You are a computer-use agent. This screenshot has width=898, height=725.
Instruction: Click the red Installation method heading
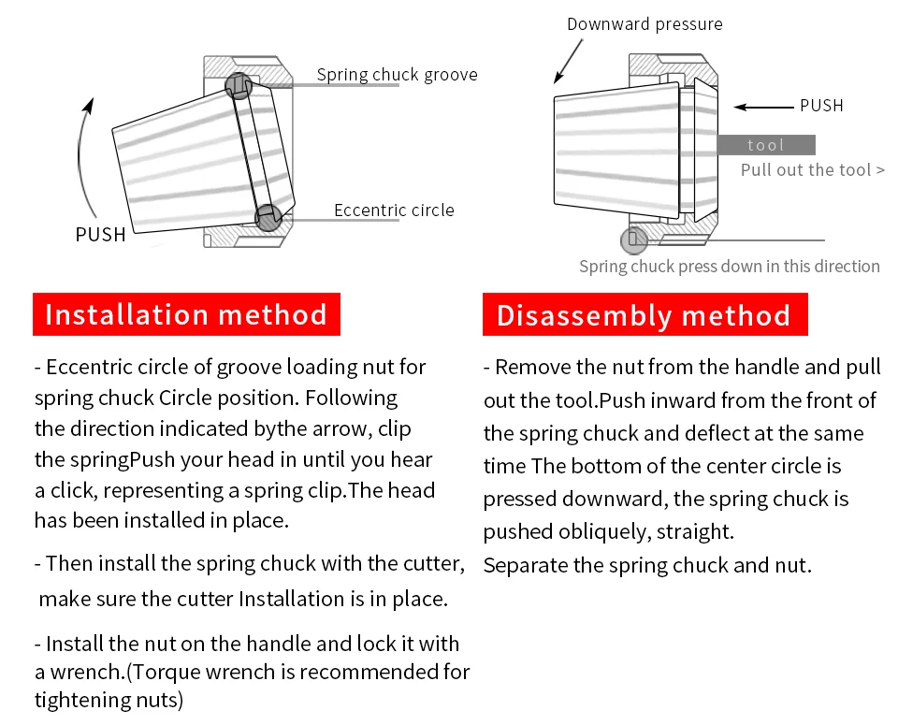pos(186,314)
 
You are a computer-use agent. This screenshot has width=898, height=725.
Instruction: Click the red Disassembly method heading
pos(644,315)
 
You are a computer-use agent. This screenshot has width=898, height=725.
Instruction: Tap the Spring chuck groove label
pos(397,75)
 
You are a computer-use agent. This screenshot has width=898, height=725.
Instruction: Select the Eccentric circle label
pos(394,210)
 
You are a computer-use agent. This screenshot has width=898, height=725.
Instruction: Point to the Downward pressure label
pos(645,24)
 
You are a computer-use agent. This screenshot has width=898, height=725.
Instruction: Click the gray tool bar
pos(766,145)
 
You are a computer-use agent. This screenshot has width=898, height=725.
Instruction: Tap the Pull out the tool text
pos(812,170)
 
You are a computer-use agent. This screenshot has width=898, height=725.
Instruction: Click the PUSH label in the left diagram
pos(100,235)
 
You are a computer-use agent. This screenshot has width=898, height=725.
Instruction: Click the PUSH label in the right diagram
pos(821,106)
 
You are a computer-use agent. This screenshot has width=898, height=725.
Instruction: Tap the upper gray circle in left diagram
pos(239,86)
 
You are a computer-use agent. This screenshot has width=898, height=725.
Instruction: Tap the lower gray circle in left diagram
pos(268,218)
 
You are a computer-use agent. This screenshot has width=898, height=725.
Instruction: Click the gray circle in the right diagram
pos(634,239)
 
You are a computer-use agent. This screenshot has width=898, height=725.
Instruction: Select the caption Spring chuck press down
pos(729,267)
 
